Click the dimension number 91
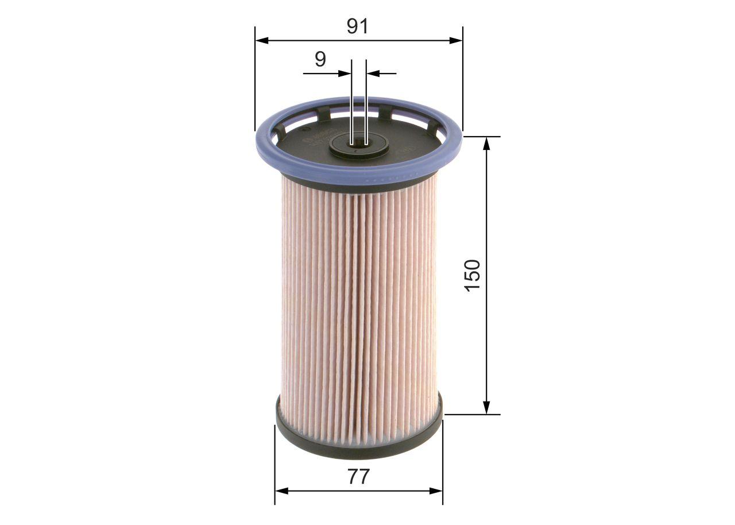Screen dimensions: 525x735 [357, 26]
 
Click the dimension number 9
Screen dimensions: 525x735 [320, 59]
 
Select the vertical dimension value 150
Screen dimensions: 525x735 [472, 275]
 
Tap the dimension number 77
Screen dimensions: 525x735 [358, 476]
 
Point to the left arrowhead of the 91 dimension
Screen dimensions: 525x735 [262, 40]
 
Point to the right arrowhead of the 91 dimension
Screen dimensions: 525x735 [456, 40]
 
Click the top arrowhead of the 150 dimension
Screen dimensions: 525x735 [486, 144]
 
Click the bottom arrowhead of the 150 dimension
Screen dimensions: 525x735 [486, 407]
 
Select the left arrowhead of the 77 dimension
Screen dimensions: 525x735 [282, 491]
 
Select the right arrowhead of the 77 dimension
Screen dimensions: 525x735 [436, 491]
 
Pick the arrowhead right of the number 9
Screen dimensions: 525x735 [345, 74]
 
